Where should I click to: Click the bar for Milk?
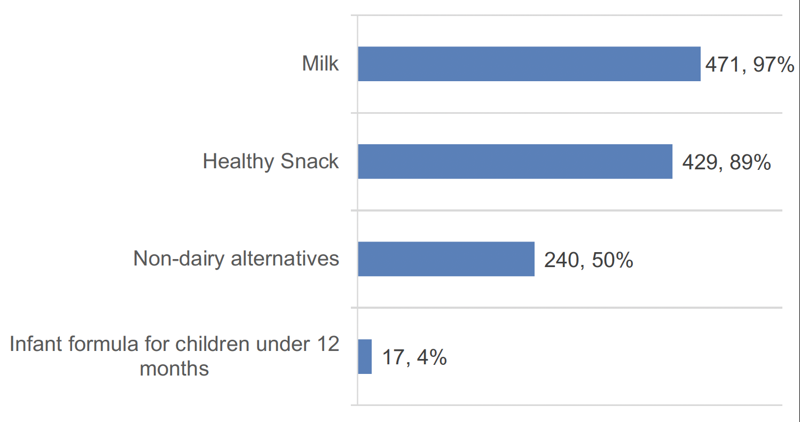click(529, 64)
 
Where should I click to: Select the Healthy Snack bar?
click(515, 161)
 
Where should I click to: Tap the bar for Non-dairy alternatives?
click(446, 259)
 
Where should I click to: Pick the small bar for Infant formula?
click(365, 356)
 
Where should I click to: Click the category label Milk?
click(320, 64)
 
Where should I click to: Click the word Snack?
click(310, 161)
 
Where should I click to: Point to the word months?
click(174, 369)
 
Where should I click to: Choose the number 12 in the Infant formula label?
click(327, 345)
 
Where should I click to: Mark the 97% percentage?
click(773, 65)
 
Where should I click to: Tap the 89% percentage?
click(750, 162)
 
